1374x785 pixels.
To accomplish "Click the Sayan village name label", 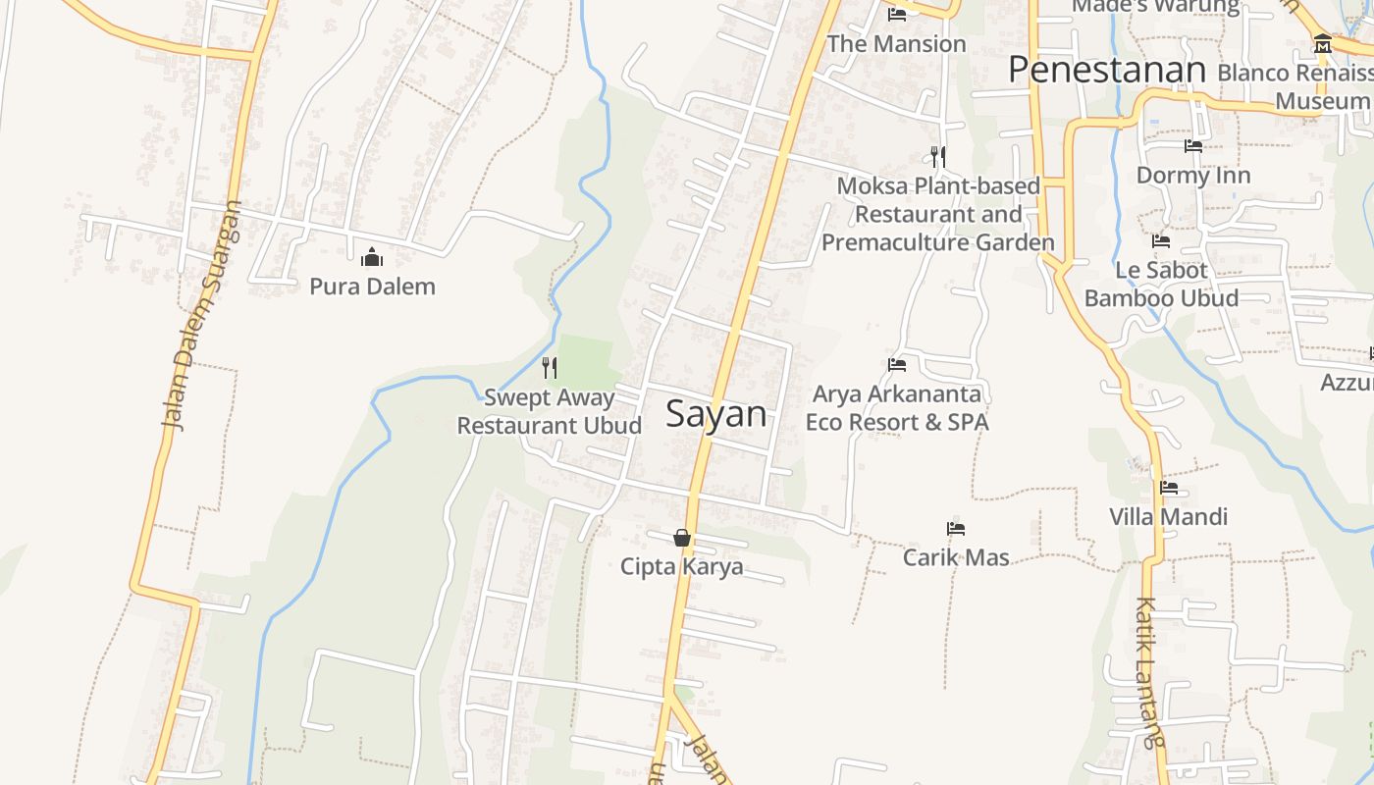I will click(715, 414).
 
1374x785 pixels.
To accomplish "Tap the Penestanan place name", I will click(1106, 71).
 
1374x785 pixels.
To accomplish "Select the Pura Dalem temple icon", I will click(372, 258).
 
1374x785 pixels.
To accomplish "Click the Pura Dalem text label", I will click(372, 287).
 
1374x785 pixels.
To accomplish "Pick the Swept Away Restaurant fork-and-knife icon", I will click(550, 368).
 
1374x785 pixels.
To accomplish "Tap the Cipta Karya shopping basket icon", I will click(682, 538).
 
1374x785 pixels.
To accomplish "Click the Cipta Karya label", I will click(681, 566).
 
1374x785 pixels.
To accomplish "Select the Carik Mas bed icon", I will click(956, 529).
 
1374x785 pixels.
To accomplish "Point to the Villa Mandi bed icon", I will click(1168, 488).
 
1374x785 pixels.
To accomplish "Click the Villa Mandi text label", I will click(1168, 516).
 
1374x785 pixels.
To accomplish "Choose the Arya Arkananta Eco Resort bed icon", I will click(897, 365).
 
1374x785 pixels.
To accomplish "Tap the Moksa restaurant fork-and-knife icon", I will click(938, 156).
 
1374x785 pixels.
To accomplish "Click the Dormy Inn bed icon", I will click(1193, 146).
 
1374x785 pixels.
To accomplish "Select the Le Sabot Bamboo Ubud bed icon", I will click(1161, 241).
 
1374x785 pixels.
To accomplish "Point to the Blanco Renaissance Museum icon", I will click(1322, 44).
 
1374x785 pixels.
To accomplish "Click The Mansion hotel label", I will click(896, 44).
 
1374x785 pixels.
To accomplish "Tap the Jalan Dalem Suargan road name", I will click(201, 316).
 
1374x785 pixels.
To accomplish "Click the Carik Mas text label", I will click(956, 557).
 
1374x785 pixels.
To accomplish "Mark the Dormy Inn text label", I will click(1193, 176).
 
